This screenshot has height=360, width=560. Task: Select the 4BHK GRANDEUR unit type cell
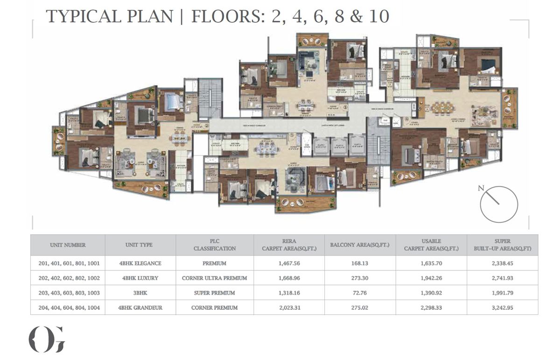pos(140,308)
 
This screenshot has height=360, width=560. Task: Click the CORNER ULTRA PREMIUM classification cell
pos(214,278)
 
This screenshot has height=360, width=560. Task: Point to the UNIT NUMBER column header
pos(68,245)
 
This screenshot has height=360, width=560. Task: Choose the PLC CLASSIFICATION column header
pos(214,245)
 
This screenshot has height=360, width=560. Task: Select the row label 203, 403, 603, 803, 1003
pos(68,293)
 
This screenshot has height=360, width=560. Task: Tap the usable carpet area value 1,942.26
pos(431,278)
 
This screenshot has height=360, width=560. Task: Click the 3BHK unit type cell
pos(140,293)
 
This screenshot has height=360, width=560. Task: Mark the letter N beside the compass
pos(481,188)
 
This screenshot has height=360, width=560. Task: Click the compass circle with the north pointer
pos(499,204)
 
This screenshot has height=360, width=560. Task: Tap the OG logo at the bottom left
pos(47,339)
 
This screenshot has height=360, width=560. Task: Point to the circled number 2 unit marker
pos(207,125)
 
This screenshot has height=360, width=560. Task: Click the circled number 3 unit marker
pos(345,107)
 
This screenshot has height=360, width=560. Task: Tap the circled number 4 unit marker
pos(406,120)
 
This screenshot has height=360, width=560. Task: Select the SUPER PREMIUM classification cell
pos(214,293)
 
